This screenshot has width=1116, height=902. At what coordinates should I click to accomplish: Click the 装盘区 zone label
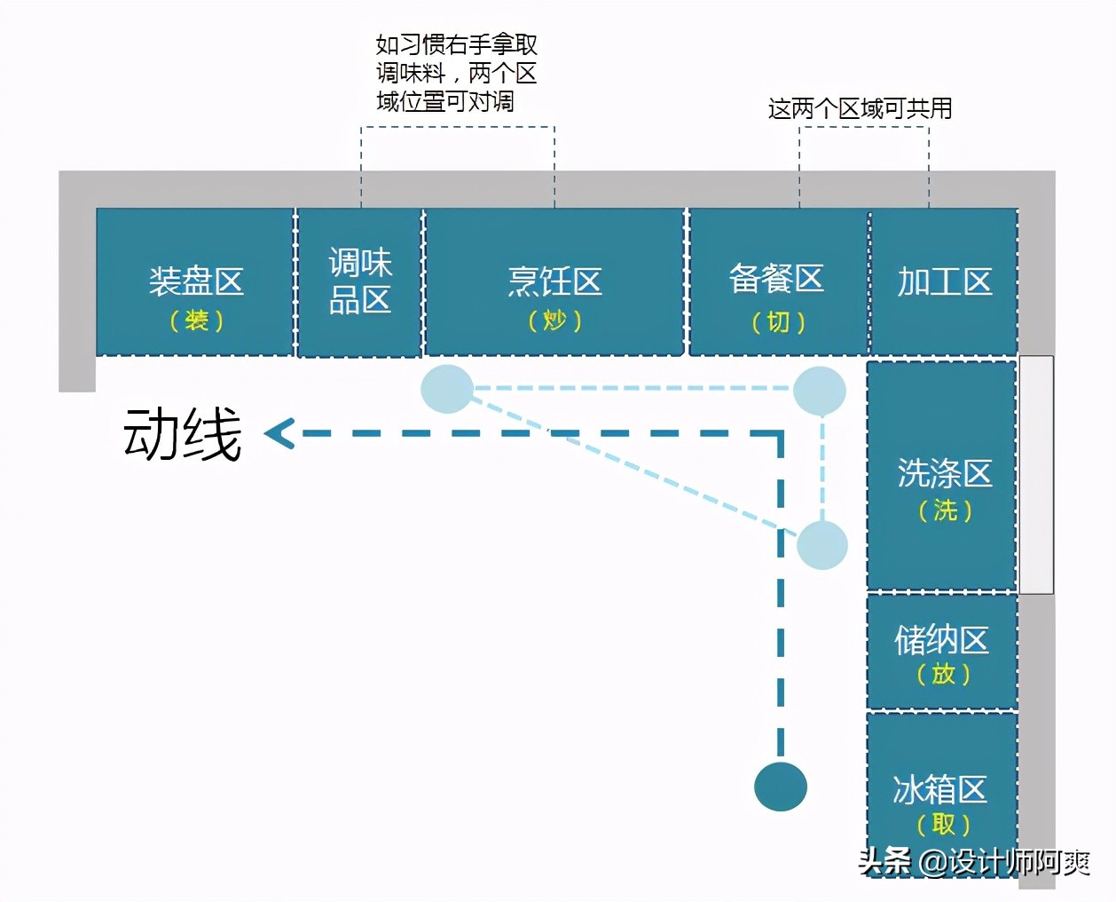pyautogui.click(x=196, y=281)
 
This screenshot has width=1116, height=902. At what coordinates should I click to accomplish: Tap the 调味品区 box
pyautogui.click(x=360, y=282)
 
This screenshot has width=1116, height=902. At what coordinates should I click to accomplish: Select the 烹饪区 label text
pyautogui.click(x=554, y=281)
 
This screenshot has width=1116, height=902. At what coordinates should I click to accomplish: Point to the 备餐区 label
pyautogui.click(x=776, y=279)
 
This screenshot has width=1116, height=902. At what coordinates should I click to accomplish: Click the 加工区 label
pyautogui.click(x=945, y=281)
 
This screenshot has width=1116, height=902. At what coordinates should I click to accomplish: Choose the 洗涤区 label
pyautogui.click(x=945, y=472)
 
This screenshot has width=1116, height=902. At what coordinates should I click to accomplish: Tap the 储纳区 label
pyautogui.click(x=941, y=640)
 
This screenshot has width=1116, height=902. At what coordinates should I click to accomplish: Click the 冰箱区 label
pyautogui.click(x=940, y=790)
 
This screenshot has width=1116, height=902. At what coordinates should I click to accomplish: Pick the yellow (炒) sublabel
pyautogui.click(x=554, y=320)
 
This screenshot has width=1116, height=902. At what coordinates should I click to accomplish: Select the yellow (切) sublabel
pyautogui.click(x=778, y=321)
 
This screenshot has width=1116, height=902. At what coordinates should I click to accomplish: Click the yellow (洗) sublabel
pyautogui.click(x=945, y=510)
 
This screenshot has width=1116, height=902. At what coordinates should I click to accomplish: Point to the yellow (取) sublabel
pyautogui.click(x=943, y=825)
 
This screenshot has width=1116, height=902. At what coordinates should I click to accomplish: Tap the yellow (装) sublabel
pyautogui.click(x=196, y=320)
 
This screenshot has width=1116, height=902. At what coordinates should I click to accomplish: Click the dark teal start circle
pyautogui.click(x=781, y=787)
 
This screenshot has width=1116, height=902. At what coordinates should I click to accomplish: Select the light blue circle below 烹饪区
pyautogui.click(x=447, y=389)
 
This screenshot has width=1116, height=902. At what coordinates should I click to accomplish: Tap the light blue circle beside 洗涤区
pyautogui.click(x=822, y=545)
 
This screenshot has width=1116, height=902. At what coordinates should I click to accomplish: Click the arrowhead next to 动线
pyautogui.click(x=279, y=433)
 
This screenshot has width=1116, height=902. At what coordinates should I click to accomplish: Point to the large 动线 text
pyautogui.click(x=183, y=434)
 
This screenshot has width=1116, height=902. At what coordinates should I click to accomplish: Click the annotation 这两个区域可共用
pyautogui.click(x=860, y=108)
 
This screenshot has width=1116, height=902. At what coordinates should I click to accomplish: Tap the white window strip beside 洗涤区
pyautogui.click(x=1036, y=475)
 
